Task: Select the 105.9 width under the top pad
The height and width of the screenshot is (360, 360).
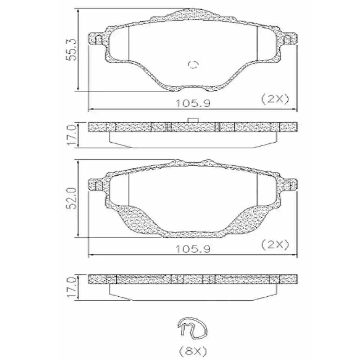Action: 193,103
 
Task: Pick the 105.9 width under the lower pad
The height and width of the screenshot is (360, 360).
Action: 193,249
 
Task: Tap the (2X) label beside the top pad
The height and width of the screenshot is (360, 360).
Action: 275,99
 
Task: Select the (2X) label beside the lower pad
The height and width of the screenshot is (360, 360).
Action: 275,245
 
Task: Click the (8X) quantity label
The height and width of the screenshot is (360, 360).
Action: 193,351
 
